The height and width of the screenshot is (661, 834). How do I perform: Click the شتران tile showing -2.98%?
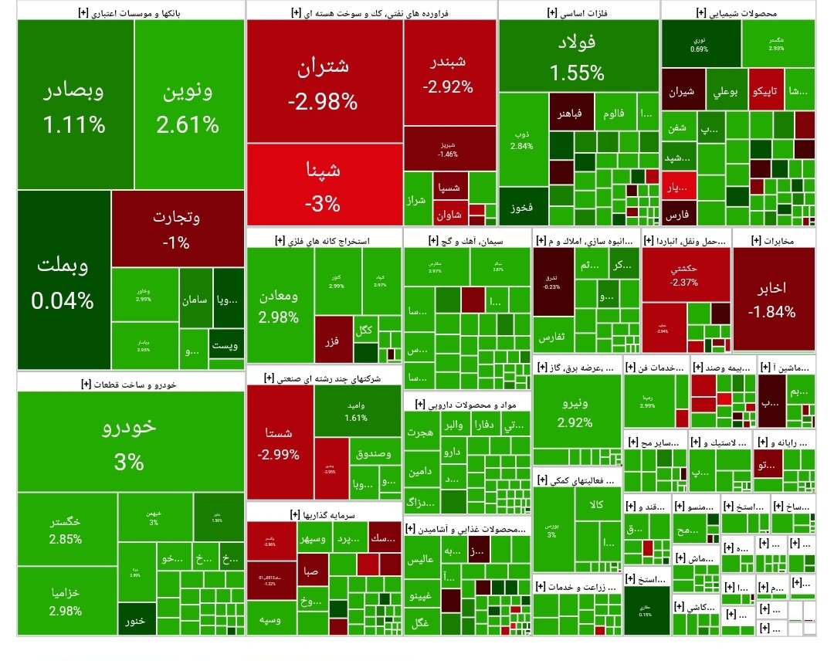324,81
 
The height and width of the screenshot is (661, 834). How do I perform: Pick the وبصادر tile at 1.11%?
74,104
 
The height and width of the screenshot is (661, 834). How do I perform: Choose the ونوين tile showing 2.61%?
188,104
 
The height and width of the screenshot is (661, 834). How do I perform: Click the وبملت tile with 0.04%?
63,280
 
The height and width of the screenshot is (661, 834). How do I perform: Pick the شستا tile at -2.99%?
280,442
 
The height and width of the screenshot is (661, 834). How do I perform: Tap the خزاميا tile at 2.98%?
66,601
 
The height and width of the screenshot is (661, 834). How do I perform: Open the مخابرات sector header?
772,240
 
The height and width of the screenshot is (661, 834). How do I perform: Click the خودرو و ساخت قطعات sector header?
129,382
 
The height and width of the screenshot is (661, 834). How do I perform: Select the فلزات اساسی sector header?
578,12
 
